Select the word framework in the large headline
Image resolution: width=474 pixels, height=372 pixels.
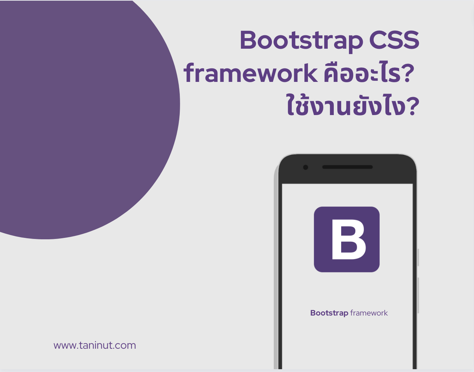coord(250,73)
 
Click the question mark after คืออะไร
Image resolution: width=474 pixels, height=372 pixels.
coord(409,73)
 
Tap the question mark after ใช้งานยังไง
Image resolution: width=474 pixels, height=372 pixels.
coord(413,106)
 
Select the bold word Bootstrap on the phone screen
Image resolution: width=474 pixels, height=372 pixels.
coord(329,313)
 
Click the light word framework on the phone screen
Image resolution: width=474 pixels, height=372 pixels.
coord(369,313)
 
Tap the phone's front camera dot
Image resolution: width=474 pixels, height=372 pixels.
coord(306,167)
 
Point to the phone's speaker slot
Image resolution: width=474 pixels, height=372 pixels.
coord(348,167)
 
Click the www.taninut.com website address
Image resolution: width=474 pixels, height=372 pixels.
coord(95,345)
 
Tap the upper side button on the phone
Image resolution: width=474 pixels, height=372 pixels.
coord(418,257)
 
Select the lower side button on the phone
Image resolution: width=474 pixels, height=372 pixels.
coord(418,295)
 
